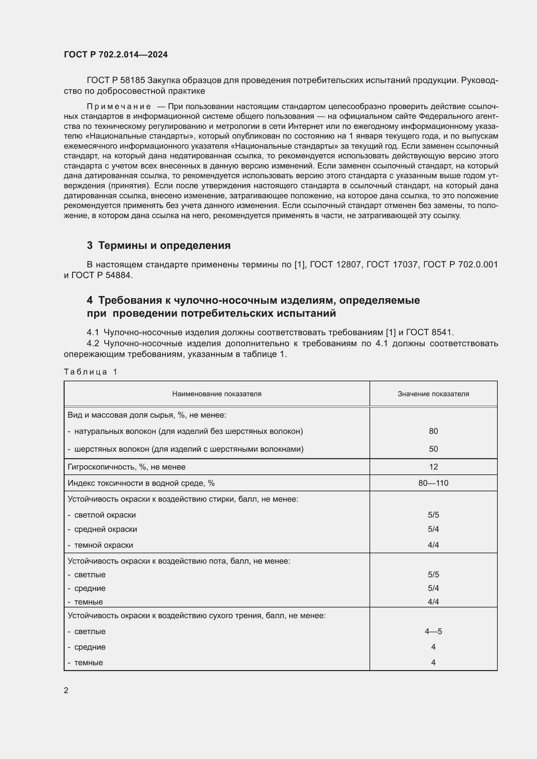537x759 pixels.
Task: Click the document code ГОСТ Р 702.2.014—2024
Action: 116,55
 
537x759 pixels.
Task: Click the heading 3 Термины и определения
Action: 159,245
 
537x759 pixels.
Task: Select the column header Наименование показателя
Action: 217,394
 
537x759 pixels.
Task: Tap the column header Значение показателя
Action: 433,394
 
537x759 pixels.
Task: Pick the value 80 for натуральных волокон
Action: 433,431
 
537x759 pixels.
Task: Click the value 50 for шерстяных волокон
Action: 433,449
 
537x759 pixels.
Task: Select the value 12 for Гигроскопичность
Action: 433,467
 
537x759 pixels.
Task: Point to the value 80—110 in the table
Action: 433,483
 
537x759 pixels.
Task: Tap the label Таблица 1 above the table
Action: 91,372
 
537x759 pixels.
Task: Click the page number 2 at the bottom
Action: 66,690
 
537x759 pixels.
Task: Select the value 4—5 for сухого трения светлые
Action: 433,631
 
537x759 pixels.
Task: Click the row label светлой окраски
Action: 105,515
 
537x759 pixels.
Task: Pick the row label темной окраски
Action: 104,545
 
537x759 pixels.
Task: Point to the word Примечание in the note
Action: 119,106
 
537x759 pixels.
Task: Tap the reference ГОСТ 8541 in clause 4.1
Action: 430,332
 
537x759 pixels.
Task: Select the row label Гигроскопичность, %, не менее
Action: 127,467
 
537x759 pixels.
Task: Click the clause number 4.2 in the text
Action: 93,343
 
